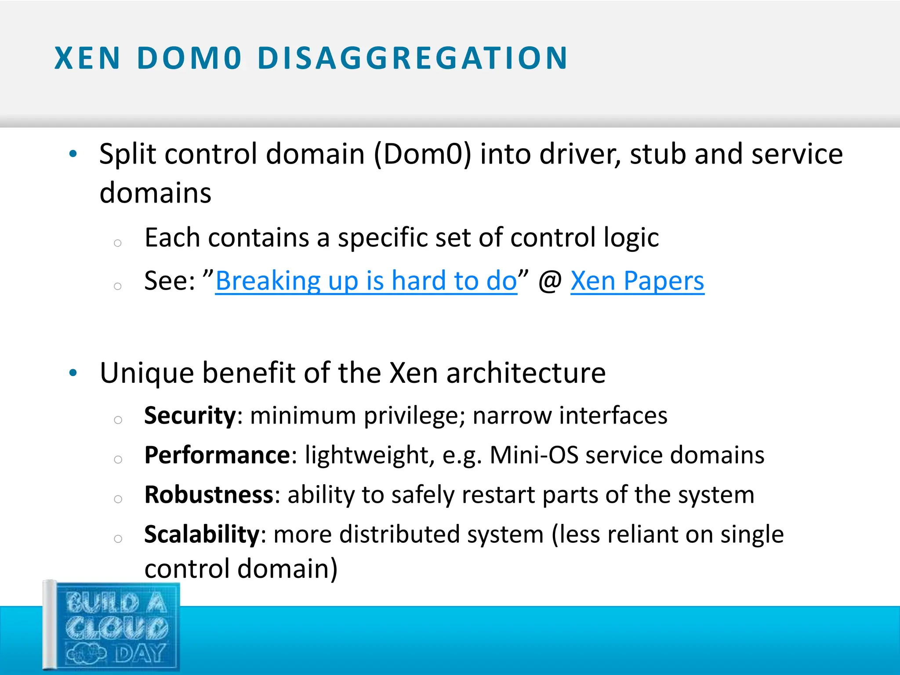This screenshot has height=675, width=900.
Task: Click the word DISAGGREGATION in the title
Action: [x=412, y=58]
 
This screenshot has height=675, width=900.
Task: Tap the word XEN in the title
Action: [x=87, y=58]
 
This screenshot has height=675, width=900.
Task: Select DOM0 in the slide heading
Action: [x=189, y=58]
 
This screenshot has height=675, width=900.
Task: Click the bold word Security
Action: [x=190, y=415]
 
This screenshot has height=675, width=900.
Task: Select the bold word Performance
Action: [x=217, y=455]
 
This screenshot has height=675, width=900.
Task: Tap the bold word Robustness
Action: [x=209, y=494]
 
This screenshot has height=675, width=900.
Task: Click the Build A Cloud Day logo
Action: [x=112, y=626]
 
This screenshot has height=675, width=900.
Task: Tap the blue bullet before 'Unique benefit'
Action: [x=73, y=373]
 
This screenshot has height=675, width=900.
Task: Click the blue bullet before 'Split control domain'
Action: [x=73, y=154]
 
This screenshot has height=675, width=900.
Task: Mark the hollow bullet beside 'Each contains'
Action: [x=117, y=243]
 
